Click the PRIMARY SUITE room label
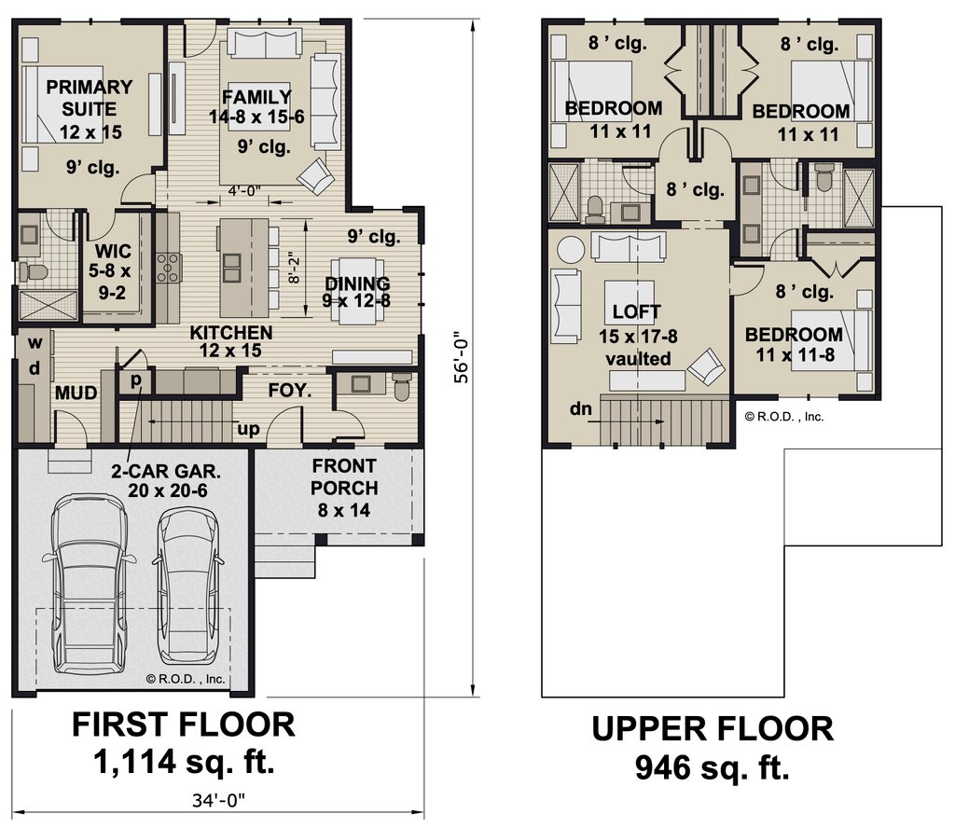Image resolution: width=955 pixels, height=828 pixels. (x=90, y=98)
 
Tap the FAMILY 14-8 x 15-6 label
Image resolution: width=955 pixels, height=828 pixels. (x=256, y=106)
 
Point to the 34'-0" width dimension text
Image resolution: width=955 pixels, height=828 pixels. (x=218, y=799)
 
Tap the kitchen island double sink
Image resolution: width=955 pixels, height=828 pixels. (x=231, y=269)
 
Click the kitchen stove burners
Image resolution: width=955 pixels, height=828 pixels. (x=169, y=268)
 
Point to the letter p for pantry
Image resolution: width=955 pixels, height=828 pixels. (x=136, y=379)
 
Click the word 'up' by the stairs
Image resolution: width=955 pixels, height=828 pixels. (x=248, y=429)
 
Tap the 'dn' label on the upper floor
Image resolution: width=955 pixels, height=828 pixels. (x=580, y=408)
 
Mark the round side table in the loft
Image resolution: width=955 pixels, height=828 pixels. (x=571, y=250)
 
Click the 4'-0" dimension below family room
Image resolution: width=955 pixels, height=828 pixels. (x=244, y=191)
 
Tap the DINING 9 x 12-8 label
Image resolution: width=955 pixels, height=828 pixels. (x=357, y=292)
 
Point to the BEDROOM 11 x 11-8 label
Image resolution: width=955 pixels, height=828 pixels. (x=795, y=344)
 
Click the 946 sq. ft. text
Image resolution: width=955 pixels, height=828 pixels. (x=712, y=767)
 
